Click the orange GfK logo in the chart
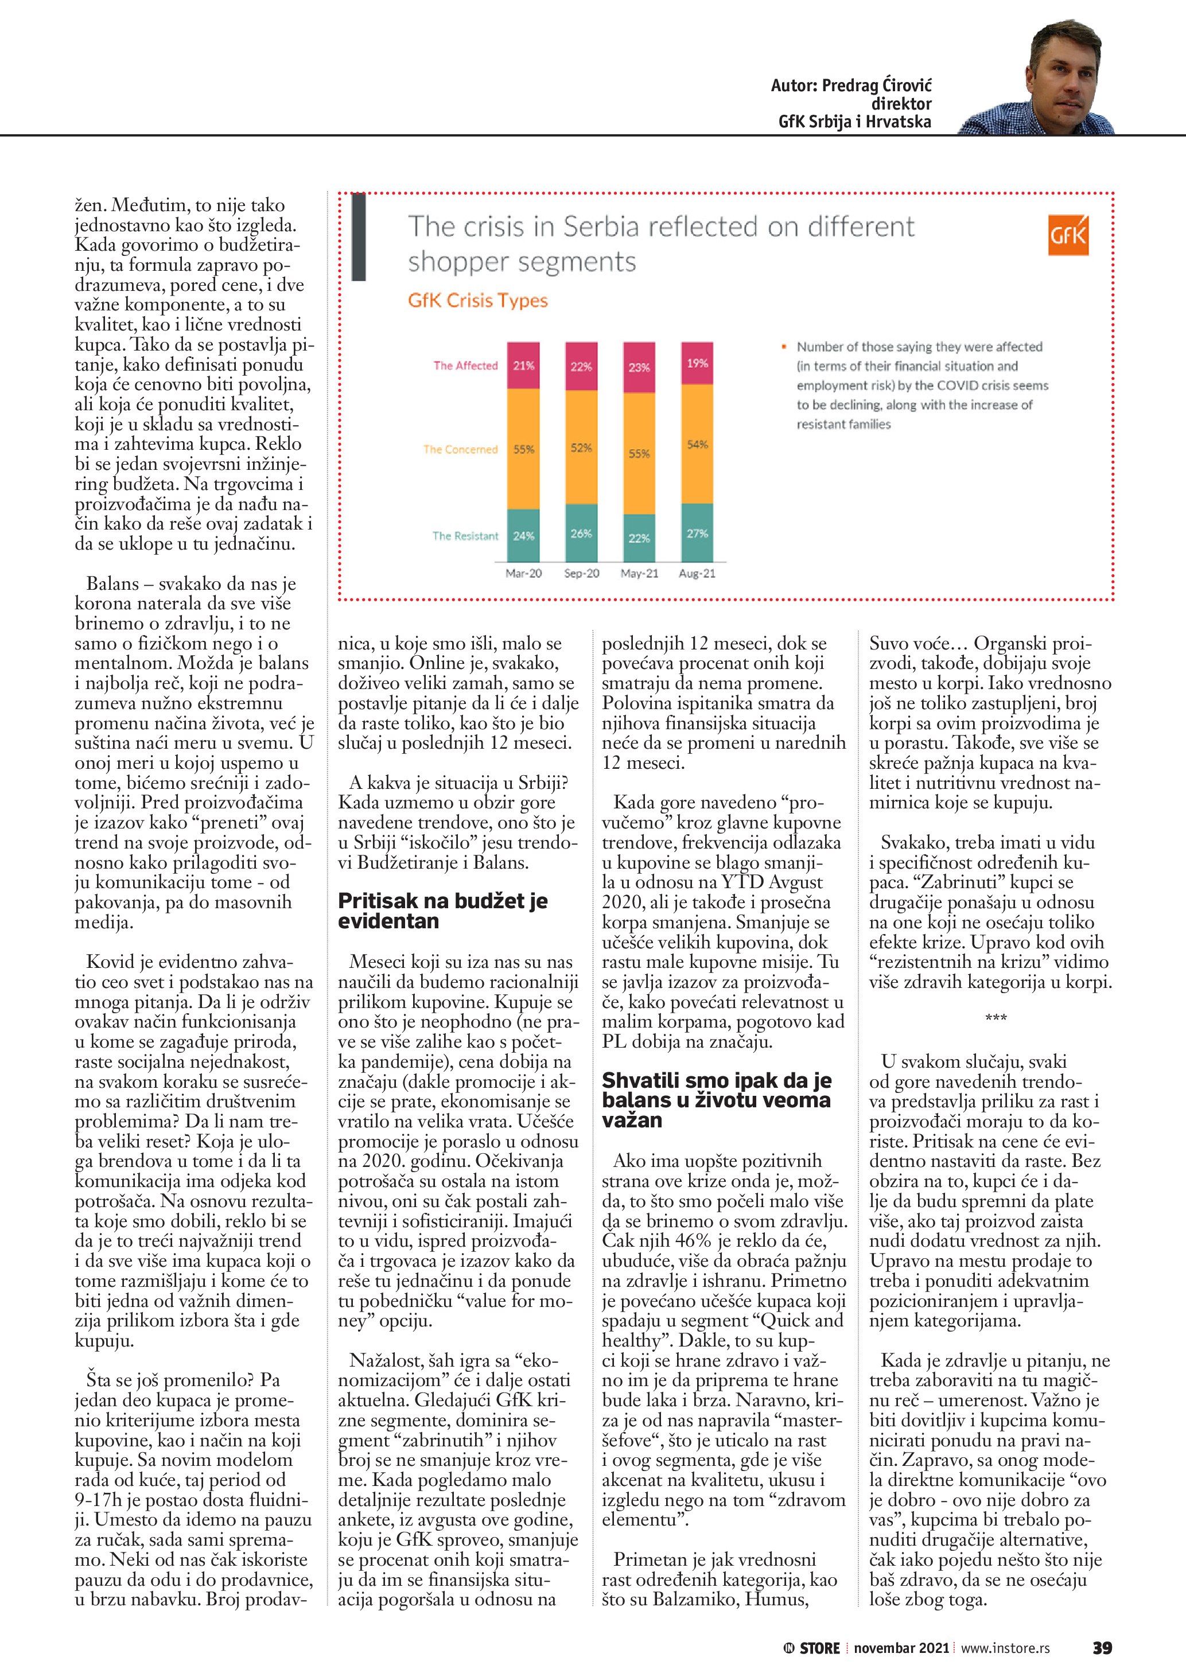tap(1068, 235)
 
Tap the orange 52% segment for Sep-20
tap(581, 447)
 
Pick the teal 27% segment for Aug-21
tap(698, 533)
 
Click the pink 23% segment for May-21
tap(639, 367)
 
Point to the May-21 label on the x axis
tap(639, 573)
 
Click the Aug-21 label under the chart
tap(698, 573)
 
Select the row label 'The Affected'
tap(465, 365)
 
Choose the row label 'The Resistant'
tap(465, 536)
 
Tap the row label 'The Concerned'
tap(460, 449)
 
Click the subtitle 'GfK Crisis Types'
tap(477, 300)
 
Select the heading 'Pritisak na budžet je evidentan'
tap(442, 910)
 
